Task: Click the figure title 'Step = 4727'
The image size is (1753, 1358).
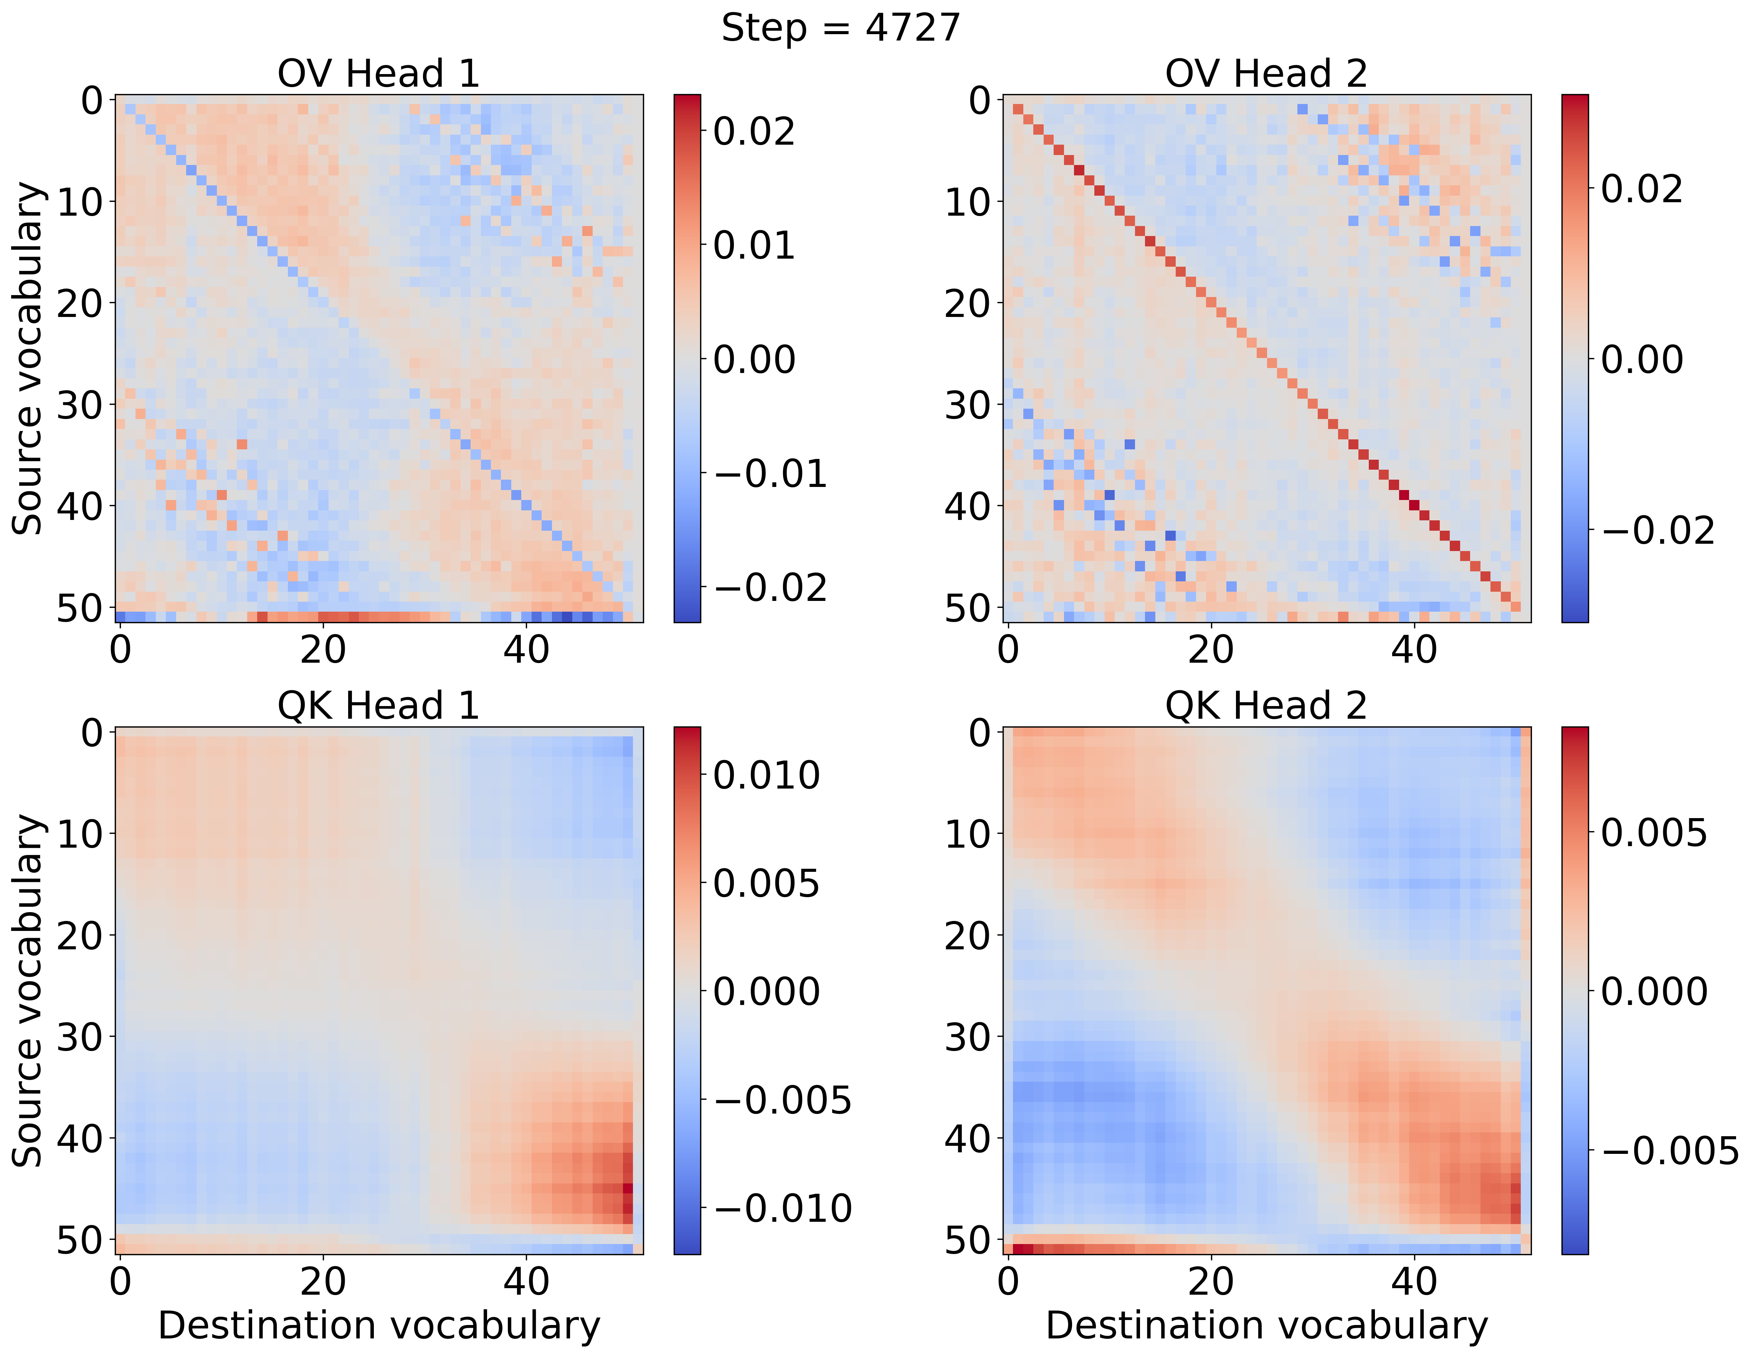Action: click(840, 29)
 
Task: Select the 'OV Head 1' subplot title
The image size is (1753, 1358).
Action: click(378, 74)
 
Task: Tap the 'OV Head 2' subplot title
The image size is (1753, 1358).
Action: click(1266, 74)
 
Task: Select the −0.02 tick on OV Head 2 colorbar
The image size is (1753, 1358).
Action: click(1657, 531)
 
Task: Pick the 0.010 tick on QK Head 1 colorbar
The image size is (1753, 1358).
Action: click(766, 775)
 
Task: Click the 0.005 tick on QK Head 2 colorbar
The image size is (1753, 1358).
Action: click(1654, 833)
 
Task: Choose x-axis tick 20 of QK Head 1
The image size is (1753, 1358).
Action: click(323, 1281)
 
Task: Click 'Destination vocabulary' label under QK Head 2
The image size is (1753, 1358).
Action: click(1266, 1326)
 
